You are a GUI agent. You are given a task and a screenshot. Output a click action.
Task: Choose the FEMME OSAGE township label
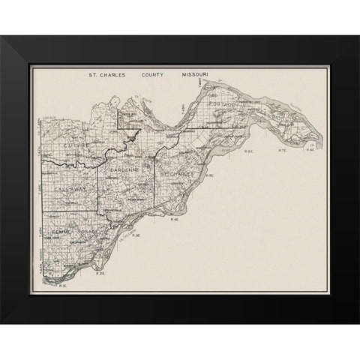[71, 235]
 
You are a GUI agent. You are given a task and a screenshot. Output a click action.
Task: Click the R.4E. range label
[175, 220]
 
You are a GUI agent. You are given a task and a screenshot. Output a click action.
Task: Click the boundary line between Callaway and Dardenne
[98, 187]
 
